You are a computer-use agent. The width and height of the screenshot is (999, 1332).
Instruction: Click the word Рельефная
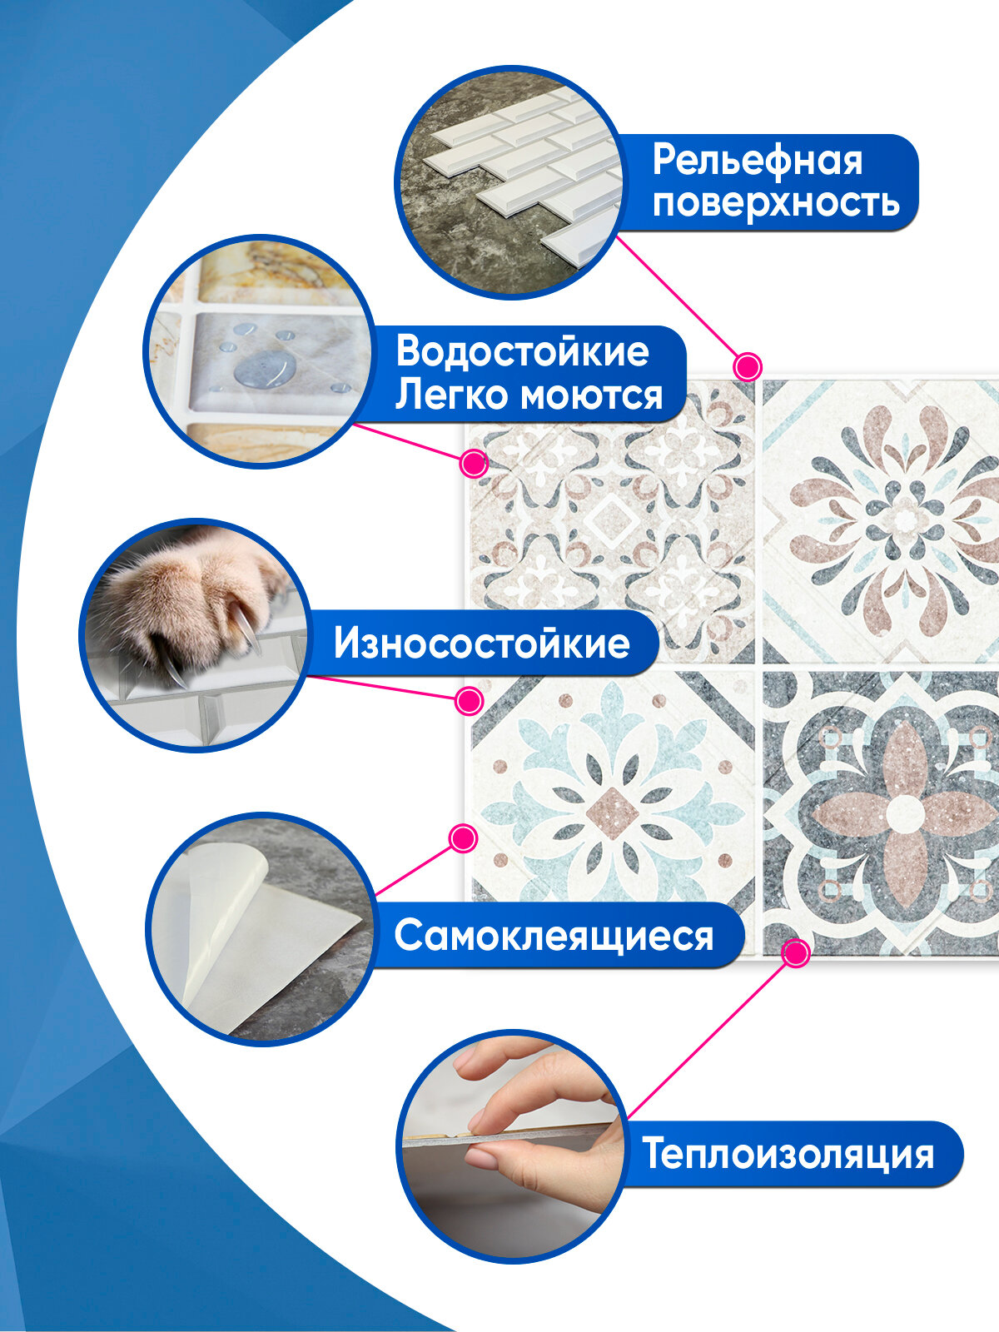tap(757, 160)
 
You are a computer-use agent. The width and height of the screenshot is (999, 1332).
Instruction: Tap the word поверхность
tap(776, 202)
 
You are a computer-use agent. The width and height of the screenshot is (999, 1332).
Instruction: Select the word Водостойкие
tap(522, 351)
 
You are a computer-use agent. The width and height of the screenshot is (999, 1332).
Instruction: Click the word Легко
tap(442, 395)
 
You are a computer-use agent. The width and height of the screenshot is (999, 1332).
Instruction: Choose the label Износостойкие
tap(481, 643)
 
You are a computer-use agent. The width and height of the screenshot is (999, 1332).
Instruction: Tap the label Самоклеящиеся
tap(554, 935)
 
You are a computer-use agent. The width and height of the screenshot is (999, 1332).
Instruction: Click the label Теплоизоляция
tap(788, 1154)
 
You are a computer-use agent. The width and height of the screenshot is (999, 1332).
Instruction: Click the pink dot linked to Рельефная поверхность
tap(748, 366)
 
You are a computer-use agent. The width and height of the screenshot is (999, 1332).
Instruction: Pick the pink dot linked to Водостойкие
tap(474, 463)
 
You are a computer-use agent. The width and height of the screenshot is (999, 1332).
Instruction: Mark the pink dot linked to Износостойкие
tap(470, 700)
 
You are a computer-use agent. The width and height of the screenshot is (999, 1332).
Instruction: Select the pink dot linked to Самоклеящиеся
tap(463, 837)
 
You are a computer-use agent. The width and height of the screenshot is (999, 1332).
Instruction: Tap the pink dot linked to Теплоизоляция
tap(797, 952)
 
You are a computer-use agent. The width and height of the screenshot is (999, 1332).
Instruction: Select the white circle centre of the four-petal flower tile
tap(904, 813)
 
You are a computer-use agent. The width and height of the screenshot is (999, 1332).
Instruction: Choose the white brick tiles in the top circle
tap(541, 166)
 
